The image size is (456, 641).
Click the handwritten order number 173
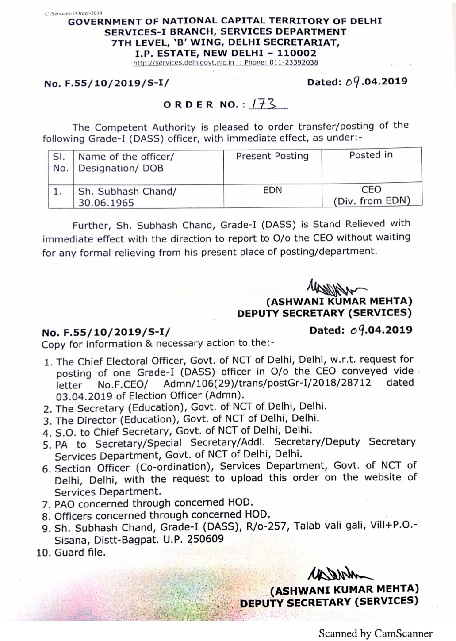pyautogui.click(x=264, y=104)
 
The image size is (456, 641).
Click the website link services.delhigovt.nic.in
pyautogui.click(x=184, y=62)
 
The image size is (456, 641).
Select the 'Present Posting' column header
pyautogui.click(x=272, y=156)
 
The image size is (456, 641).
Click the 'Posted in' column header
pyautogui.click(x=371, y=155)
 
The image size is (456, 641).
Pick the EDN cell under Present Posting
pyautogui.click(x=272, y=190)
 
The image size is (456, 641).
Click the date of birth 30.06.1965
pyautogui.click(x=106, y=203)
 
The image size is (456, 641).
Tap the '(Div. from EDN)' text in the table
pyautogui.click(x=372, y=201)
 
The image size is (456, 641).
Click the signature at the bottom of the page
pyautogui.click(x=338, y=574)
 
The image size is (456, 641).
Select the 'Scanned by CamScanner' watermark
pyautogui.click(x=376, y=633)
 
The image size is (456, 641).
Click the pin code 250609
pyautogui.click(x=206, y=539)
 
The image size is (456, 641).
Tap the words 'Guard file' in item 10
pyautogui.click(x=80, y=553)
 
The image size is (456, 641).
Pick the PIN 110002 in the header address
pyautogui.click(x=297, y=53)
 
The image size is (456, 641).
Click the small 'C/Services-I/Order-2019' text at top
pyautogui.click(x=73, y=13)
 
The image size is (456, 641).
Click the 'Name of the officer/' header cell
pyautogui.click(x=126, y=157)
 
